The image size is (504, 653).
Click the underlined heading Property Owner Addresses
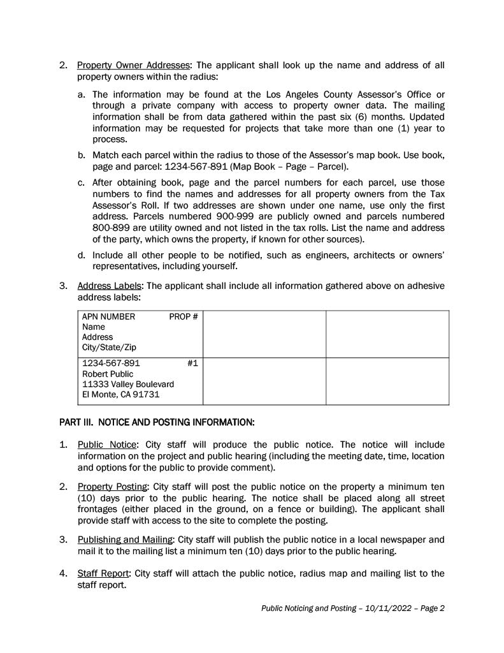click(133, 66)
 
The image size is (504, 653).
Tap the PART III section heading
click(157, 422)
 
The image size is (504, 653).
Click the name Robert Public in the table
click(108, 374)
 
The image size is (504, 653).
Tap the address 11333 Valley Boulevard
click(128, 385)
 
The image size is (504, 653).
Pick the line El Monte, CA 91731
click(121, 395)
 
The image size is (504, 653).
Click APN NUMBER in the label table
click(109, 316)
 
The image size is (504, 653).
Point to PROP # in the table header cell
click(184, 316)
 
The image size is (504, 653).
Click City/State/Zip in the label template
click(109, 348)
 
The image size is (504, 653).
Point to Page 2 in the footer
click(432, 608)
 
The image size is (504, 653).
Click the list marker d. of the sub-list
click(82, 255)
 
